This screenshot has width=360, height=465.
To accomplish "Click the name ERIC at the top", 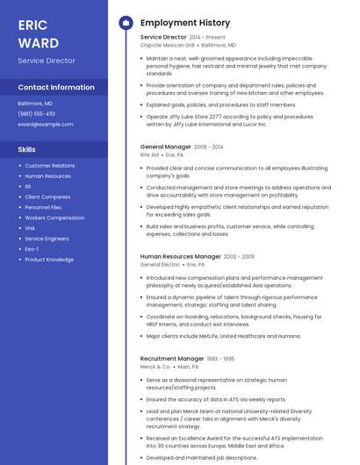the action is pyautogui.click(x=32, y=25).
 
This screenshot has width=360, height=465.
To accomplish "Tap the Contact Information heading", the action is pyautogui.click(x=56, y=88).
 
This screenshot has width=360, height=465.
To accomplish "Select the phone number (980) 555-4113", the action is pyautogui.click(x=37, y=113).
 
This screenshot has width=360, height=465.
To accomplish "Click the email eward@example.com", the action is pyautogui.click(x=46, y=124).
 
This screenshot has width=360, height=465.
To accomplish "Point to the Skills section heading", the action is pyautogui.click(x=26, y=149).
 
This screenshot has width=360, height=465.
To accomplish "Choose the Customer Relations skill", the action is pyautogui.click(x=49, y=166).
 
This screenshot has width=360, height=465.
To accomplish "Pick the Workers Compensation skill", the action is pyautogui.click(x=54, y=218).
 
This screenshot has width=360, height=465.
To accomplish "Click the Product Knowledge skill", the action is pyautogui.click(x=49, y=260).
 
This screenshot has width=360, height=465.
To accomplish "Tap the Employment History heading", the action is pyautogui.click(x=184, y=23).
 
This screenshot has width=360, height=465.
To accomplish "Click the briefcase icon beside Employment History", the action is pyautogui.click(x=126, y=23).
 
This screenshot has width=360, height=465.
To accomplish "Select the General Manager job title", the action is pyautogui.click(x=165, y=147).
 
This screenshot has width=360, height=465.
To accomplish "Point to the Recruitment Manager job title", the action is pyautogui.click(x=172, y=358).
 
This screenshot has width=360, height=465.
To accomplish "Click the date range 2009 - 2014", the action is pyautogui.click(x=209, y=147).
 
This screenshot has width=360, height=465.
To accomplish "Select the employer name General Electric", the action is pyautogui.click(x=160, y=264).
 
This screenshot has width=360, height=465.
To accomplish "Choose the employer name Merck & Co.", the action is pyautogui.click(x=155, y=366).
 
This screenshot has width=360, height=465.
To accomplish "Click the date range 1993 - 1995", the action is pyautogui.click(x=221, y=358).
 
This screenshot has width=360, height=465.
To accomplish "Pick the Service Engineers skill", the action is pyautogui.click(x=47, y=239).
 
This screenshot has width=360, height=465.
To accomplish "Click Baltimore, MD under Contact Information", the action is pyautogui.click(x=35, y=103).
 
